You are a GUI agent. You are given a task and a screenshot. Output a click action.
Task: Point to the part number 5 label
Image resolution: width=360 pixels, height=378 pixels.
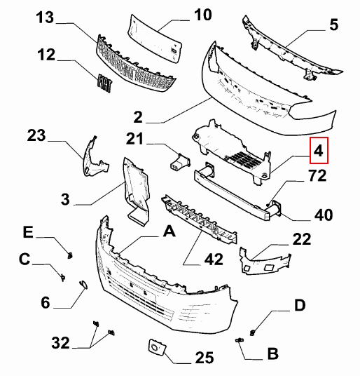coord(333,25)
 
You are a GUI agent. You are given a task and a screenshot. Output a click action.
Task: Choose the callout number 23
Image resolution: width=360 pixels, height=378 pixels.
coord(36,135)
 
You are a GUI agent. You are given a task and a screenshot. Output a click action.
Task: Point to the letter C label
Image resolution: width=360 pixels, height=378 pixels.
coord(24,260)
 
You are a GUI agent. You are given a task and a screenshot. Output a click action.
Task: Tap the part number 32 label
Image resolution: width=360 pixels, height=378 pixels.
coord(60,343)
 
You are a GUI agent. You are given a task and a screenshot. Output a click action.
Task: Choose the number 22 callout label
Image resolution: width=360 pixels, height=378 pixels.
coord(301,239)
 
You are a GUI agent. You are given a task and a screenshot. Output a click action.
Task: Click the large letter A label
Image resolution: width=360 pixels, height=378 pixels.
coord(168,229)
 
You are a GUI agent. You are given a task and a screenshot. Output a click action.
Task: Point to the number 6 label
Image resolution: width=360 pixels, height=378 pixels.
coord(46,302)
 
